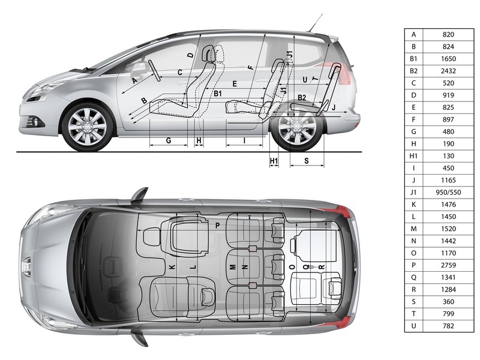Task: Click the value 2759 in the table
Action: tap(448, 265)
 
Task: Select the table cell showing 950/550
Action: tap(448, 193)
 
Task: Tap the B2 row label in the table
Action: tap(413, 71)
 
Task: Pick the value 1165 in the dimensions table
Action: tap(448, 181)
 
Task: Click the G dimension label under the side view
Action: tap(169, 140)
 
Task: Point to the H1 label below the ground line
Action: tap(274, 161)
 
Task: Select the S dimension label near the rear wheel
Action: tap(307, 161)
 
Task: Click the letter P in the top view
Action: tap(218, 226)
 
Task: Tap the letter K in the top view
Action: tap(172, 267)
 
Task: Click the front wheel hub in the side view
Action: tap(87, 127)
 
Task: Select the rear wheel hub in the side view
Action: tap(296, 127)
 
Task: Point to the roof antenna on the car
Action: tap(316, 23)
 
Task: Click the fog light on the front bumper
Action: tap(35, 122)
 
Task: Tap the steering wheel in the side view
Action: tap(155, 71)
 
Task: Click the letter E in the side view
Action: tap(235, 84)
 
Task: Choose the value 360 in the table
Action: tap(448, 302)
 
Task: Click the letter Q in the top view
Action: tap(306, 267)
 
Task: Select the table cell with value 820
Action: tap(448, 35)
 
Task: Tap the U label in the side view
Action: tap(305, 80)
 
